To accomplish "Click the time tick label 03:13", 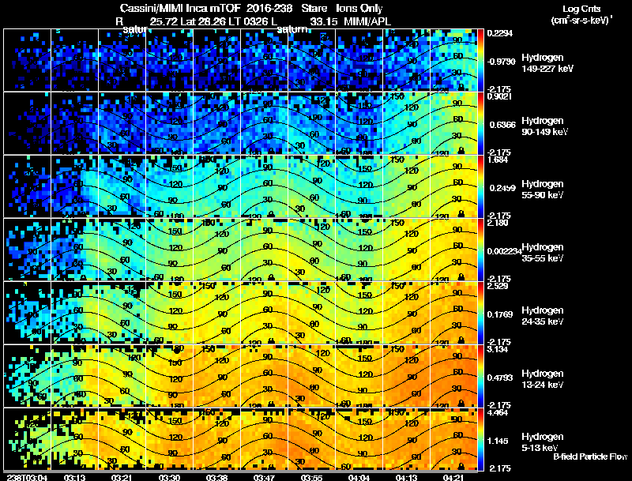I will coord(76,477).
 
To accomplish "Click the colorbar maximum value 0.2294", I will coord(500,33).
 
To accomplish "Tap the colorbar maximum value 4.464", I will coord(498,412).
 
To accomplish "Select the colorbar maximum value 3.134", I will coord(498,349).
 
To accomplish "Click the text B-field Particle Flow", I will coord(590,457).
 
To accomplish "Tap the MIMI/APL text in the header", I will coord(365,21).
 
